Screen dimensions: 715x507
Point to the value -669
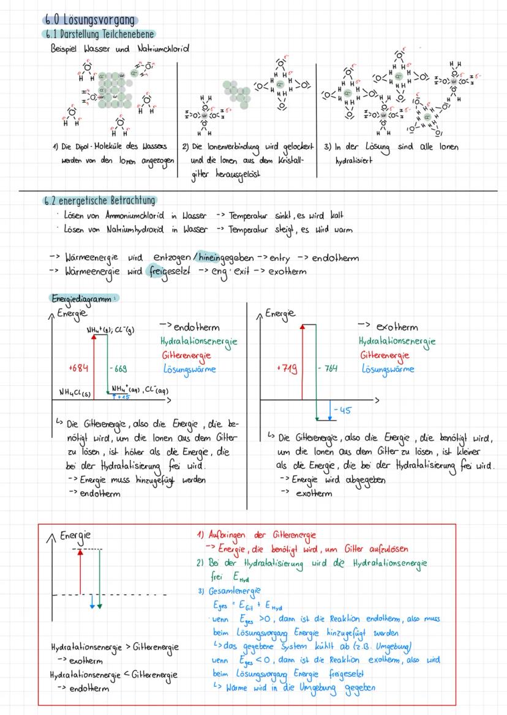point(118,368)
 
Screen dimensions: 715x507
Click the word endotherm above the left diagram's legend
point(196,328)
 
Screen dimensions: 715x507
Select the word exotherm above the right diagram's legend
point(396,327)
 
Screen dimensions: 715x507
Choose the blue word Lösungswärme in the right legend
point(388,369)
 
